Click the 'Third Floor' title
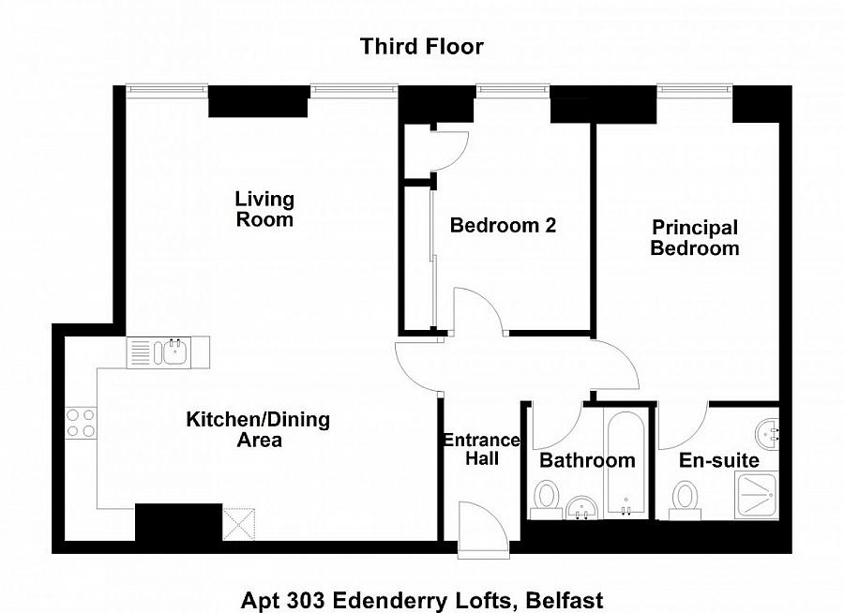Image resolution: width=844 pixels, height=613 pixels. [x=422, y=46]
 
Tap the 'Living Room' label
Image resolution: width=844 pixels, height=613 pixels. [x=264, y=209]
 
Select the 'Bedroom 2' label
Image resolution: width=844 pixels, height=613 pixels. [x=503, y=225]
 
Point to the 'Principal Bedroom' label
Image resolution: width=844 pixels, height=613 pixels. [x=694, y=238]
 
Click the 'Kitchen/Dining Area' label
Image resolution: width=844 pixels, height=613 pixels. [x=258, y=429]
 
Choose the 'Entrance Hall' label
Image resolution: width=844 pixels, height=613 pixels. [x=482, y=449]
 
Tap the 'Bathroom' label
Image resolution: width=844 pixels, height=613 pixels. [x=587, y=461]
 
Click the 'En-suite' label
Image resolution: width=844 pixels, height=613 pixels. [x=719, y=461]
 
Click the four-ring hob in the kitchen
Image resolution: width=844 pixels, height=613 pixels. [x=81, y=423]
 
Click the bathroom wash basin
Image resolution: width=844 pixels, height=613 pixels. [x=581, y=508]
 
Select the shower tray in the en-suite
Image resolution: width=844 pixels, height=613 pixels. [x=757, y=496]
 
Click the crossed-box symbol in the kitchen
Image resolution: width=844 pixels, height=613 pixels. [x=238, y=524]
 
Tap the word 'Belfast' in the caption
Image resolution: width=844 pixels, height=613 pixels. [x=565, y=600]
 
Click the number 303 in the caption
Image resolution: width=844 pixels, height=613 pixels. [x=304, y=600]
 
